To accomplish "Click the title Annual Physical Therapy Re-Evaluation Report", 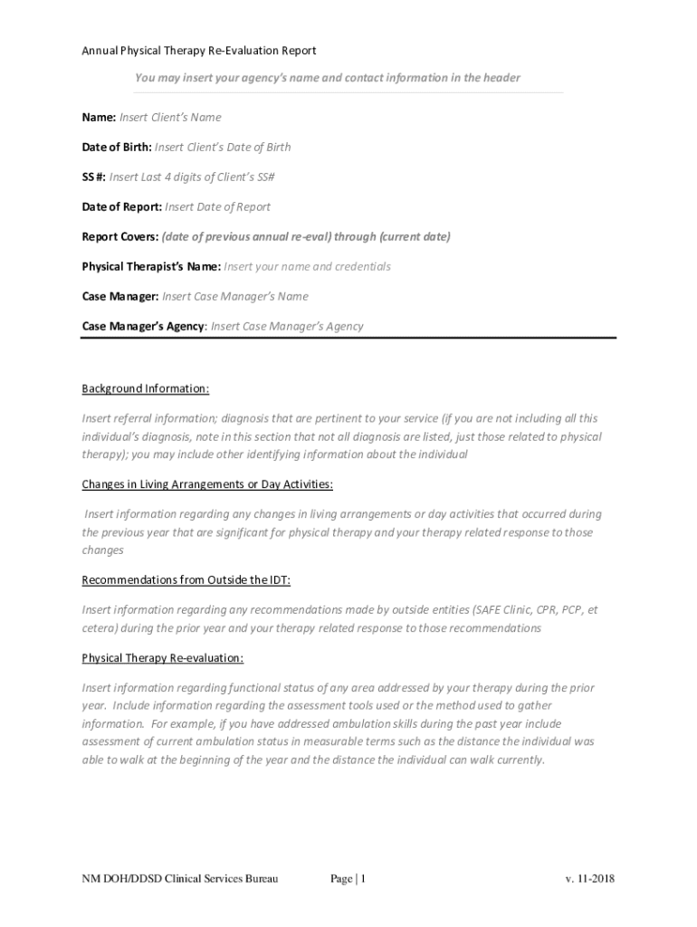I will coord(198,51).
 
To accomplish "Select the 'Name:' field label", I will coord(99,118).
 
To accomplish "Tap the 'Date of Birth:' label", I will coord(117,148).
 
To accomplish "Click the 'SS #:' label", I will coord(94,177).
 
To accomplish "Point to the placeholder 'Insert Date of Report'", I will coord(217,207).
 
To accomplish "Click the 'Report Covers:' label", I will coord(120,237).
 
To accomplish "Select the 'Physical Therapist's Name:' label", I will coord(151,267).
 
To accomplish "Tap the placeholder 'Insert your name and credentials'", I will coord(307,267).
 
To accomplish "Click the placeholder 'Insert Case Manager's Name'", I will coord(235,297).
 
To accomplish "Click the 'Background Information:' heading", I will coord(146,389).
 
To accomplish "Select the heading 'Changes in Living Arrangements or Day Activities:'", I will coord(207,484).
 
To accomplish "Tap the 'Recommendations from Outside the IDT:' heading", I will coord(186,580).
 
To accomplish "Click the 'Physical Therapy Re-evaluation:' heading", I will coord(163,658).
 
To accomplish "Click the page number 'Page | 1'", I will coord(348,879).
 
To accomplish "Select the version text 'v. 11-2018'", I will coord(589,879).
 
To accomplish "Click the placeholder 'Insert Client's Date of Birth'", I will coord(223,148).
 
